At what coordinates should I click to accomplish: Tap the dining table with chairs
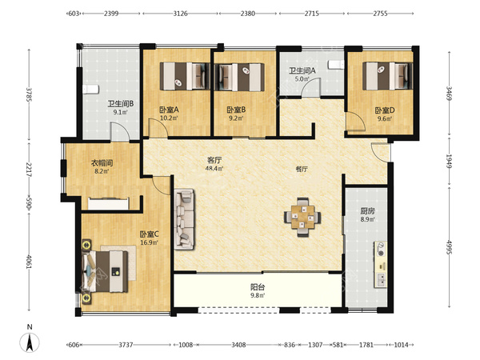pyautogui.click(x=302, y=217)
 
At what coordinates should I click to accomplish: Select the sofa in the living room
pyautogui.click(x=184, y=219)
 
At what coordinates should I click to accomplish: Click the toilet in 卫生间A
pyautogui.click(x=336, y=65)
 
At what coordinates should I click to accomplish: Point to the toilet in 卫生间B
pyautogui.click(x=90, y=90)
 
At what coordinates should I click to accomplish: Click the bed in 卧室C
pyautogui.click(x=105, y=271)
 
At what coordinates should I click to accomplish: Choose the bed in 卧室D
pyautogui.click(x=388, y=76)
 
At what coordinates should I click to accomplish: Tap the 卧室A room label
pyautogui.click(x=169, y=110)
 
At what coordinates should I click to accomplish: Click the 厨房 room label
pyautogui.click(x=367, y=211)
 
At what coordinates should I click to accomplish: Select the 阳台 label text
pyautogui.click(x=258, y=287)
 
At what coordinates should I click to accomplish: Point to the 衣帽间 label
pyautogui.click(x=102, y=163)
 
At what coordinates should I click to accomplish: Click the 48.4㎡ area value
pyautogui.click(x=214, y=168)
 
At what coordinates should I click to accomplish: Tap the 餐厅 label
pyautogui.click(x=302, y=169)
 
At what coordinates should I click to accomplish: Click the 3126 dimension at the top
pyautogui.click(x=180, y=14)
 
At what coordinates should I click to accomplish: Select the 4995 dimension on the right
pyautogui.click(x=449, y=247)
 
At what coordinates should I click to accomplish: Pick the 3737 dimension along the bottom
pyautogui.click(x=126, y=345)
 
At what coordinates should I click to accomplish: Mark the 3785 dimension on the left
pyautogui.click(x=29, y=94)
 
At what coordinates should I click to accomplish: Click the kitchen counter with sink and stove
pyautogui.click(x=380, y=265)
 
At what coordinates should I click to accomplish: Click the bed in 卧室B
pyautogui.click(x=239, y=77)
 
